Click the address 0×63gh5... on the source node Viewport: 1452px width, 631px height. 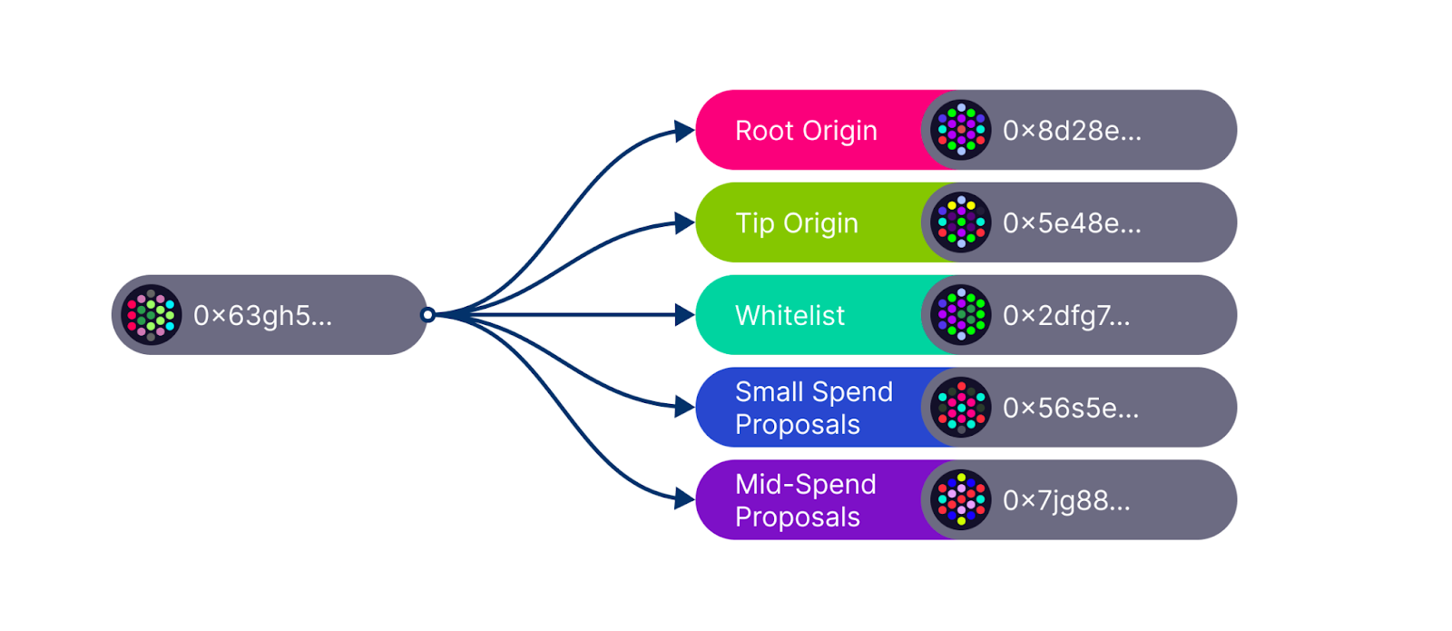click(x=262, y=315)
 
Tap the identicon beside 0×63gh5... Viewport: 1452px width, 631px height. click(x=151, y=315)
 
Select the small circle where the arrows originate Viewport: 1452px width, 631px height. click(x=427, y=315)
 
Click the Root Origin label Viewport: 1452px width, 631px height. click(x=806, y=131)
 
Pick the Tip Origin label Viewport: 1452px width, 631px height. click(x=796, y=223)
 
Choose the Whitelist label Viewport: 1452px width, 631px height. click(x=790, y=315)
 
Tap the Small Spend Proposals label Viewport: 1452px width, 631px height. click(x=813, y=408)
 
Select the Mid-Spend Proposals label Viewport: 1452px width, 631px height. click(x=805, y=500)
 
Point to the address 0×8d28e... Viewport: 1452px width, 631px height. click(x=1072, y=131)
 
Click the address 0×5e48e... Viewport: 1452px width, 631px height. click(x=1072, y=223)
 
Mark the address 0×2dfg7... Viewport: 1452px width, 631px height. click(x=1066, y=315)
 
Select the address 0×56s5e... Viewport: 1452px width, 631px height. click(x=1071, y=408)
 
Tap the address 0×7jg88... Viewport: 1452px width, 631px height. click(x=1066, y=500)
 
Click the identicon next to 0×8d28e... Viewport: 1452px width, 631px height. click(x=961, y=130)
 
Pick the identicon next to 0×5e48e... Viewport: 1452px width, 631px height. click(x=961, y=222)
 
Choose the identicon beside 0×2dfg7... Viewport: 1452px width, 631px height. click(x=961, y=315)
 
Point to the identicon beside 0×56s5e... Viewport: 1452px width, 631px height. click(x=961, y=408)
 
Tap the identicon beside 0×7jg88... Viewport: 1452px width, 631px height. click(x=961, y=499)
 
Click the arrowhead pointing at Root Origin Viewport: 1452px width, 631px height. click(x=685, y=132)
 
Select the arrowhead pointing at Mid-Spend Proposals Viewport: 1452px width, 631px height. click(x=685, y=498)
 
